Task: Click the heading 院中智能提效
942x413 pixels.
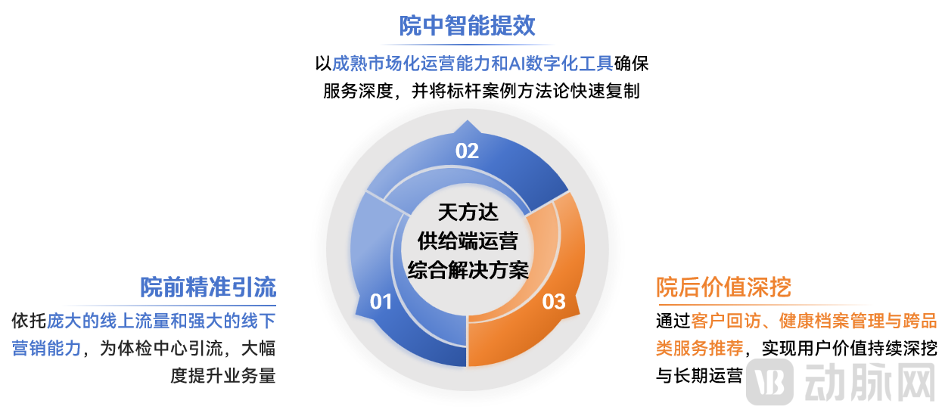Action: coord(467,26)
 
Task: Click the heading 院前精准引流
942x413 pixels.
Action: coord(208,287)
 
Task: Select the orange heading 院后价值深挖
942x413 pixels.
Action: coord(723,287)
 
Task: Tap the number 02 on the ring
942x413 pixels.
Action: coord(467,151)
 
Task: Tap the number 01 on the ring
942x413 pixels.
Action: coord(381,303)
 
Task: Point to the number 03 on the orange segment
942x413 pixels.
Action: coord(554,303)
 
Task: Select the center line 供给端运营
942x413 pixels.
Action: coord(468,241)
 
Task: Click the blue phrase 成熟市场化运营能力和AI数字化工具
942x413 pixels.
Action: coord(473,64)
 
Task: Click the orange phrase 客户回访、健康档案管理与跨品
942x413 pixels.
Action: coord(814,321)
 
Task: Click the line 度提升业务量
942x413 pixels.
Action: coord(222,375)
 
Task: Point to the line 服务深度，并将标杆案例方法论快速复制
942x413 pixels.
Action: coord(481,92)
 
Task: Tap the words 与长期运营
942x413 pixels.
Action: coord(699,375)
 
